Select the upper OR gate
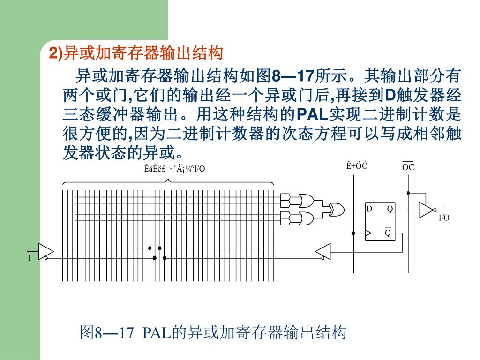click(x=306, y=200)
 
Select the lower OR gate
click(x=306, y=218)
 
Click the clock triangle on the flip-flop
click(x=368, y=232)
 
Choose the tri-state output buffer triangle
click(x=426, y=210)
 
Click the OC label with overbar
click(x=408, y=167)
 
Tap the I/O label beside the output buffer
click(x=443, y=218)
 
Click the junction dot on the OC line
click(x=408, y=193)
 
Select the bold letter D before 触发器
click(x=390, y=95)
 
